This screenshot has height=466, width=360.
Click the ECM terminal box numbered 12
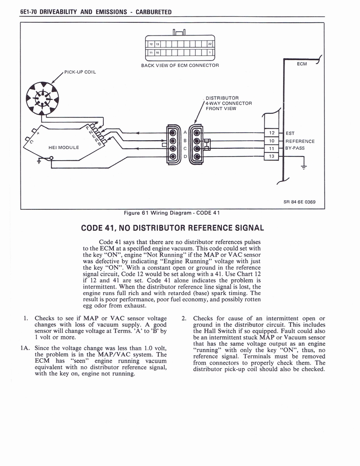click(x=271, y=133)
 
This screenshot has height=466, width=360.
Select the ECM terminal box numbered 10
click(x=271, y=141)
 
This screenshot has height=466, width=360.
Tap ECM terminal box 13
click(x=271, y=156)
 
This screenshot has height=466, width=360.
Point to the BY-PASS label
click(x=295, y=148)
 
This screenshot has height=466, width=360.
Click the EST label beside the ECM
click(x=290, y=133)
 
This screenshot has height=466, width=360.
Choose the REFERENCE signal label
click(x=300, y=141)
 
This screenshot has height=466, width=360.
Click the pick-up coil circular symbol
click(x=42, y=98)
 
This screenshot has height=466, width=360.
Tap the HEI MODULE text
click(x=64, y=147)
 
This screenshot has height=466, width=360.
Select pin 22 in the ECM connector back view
click(x=209, y=45)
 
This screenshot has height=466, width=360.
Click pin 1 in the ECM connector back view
click(x=209, y=53)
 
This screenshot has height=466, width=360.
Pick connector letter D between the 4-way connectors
click(x=185, y=157)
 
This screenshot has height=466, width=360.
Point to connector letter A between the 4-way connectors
click(x=185, y=132)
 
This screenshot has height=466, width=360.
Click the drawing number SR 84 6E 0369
click(x=299, y=202)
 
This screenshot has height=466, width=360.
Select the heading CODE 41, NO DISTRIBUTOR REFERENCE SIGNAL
click(x=172, y=227)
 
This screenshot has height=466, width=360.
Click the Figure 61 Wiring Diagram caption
click(x=172, y=213)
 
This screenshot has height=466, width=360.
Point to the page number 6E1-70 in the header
click(x=29, y=12)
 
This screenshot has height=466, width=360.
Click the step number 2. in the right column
click(x=184, y=318)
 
